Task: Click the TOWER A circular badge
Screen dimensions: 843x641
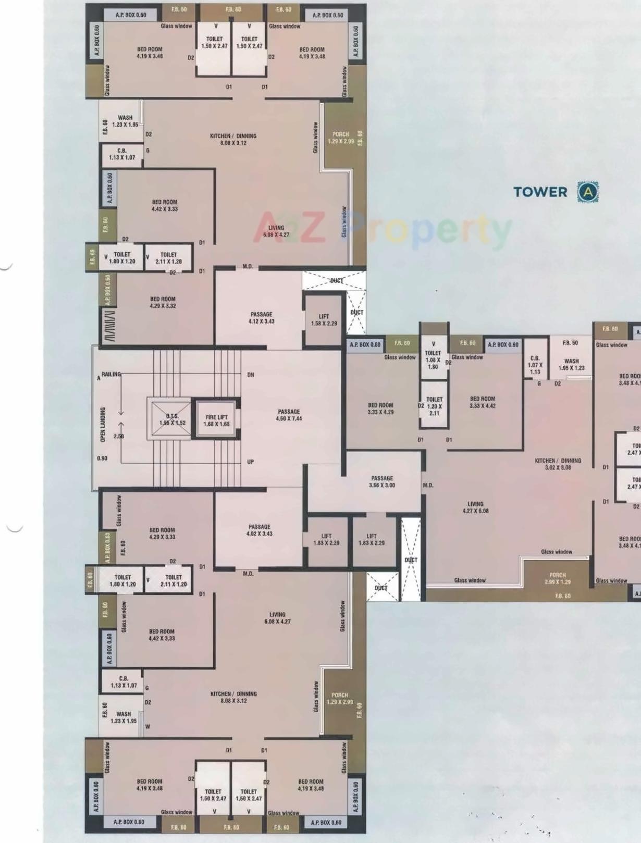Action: (x=588, y=192)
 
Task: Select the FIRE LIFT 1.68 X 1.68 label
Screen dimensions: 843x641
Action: (x=216, y=420)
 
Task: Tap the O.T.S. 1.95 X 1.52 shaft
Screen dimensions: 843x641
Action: (x=172, y=419)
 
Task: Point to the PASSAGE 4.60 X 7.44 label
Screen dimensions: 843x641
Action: (x=289, y=415)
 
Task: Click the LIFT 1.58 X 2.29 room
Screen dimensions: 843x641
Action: (x=324, y=320)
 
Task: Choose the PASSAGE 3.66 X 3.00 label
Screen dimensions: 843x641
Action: (x=382, y=481)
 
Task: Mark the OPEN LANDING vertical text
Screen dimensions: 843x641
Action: (x=103, y=425)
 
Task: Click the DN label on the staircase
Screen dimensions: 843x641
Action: (x=251, y=375)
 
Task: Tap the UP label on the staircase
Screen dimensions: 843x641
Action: (x=251, y=462)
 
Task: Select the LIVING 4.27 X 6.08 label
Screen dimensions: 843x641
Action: (x=475, y=507)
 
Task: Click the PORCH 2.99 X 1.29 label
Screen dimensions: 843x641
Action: (x=558, y=578)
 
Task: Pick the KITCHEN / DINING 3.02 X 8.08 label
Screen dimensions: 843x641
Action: (x=558, y=464)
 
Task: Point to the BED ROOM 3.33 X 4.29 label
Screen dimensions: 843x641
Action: (x=380, y=408)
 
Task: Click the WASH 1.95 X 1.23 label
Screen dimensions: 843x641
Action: (x=571, y=364)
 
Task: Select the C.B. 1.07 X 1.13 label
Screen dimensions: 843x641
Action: (x=535, y=365)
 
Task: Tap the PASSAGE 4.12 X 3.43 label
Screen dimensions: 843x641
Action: (x=261, y=318)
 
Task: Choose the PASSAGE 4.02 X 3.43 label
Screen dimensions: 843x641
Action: (x=260, y=530)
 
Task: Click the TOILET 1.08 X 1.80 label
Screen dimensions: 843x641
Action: (x=433, y=359)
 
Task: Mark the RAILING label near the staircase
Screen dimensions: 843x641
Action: (x=110, y=374)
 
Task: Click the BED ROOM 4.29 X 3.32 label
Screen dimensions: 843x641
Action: (x=163, y=303)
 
